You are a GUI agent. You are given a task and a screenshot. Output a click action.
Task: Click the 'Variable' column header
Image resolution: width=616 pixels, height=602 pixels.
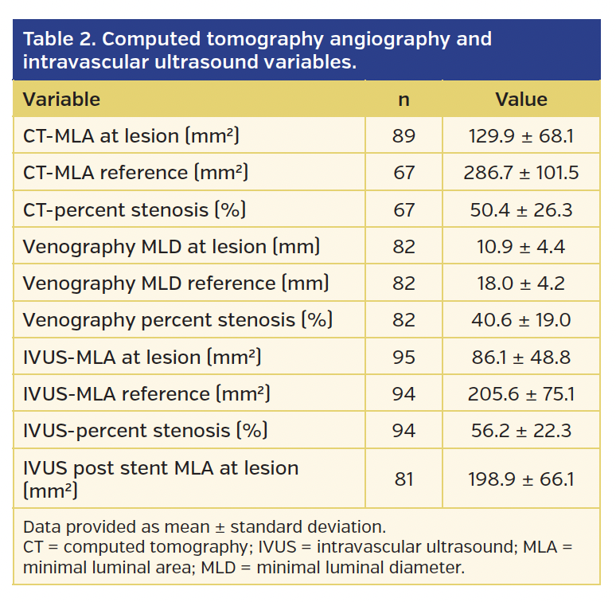[61, 100]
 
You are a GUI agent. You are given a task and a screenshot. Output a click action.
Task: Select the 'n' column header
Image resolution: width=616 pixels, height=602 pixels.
[404, 100]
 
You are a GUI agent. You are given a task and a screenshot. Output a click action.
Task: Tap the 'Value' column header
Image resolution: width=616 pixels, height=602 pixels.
[521, 100]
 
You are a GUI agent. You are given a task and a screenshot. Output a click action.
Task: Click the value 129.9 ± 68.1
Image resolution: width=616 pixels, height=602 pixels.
[521, 136]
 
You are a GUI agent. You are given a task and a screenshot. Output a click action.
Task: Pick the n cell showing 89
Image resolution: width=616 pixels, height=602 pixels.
[404, 136]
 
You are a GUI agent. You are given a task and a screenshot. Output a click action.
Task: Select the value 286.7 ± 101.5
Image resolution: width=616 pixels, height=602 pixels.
[521, 173]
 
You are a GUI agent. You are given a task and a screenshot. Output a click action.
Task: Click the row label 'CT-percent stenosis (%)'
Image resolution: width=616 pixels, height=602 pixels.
[134, 209]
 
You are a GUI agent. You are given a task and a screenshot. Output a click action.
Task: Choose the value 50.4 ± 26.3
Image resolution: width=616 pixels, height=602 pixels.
[521, 209]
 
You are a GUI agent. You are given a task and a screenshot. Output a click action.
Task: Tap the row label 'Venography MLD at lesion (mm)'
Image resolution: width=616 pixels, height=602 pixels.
[171, 247]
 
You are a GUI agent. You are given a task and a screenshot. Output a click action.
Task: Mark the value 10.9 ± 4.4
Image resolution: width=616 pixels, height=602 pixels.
[521, 247]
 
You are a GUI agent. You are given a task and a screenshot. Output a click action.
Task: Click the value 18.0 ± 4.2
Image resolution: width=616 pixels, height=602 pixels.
[521, 283]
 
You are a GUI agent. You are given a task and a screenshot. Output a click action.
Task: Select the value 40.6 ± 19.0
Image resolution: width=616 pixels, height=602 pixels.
[521, 320]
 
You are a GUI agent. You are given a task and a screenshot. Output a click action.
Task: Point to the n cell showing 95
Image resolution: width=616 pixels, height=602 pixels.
[404, 357]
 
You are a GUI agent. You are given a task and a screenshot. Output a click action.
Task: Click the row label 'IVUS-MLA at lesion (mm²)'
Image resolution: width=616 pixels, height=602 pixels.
[142, 357]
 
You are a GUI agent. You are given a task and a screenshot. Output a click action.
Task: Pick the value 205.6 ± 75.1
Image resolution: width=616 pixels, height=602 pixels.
[521, 393]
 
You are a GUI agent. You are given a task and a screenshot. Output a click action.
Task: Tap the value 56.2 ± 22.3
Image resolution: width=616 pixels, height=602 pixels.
[521, 431]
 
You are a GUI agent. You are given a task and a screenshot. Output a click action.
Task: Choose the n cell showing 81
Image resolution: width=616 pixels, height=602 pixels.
[404, 479]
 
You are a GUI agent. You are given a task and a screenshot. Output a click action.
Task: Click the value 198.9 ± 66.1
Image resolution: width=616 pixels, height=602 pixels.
[521, 479]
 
